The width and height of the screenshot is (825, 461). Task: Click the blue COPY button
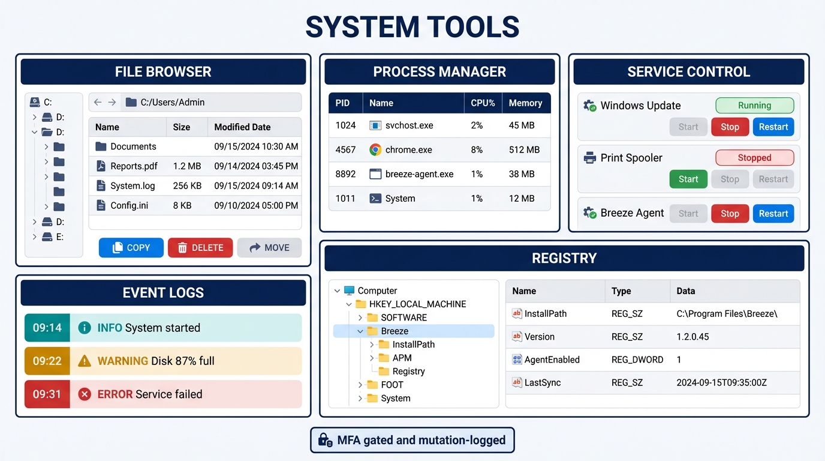(x=131, y=248)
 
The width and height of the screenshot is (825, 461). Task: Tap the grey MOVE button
(x=269, y=248)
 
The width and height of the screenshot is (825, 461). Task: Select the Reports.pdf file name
(x=134, y=166)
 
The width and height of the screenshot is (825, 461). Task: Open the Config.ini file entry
(x=129, y=205)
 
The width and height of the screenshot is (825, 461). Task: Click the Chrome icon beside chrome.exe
(x=375, y=150)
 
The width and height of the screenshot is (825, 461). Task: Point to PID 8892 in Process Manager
(x=345, y=174)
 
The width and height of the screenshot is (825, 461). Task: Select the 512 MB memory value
(x=524, y=150)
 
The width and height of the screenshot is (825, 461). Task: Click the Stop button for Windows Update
(x=730, y=127)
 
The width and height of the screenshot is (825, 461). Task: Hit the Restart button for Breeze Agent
(x=773, y=214)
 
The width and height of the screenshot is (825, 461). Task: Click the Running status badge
(x=754, y=106)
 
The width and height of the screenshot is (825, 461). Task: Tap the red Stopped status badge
(x=754, y=158)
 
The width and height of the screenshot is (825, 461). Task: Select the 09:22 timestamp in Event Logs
(x=47, y=361)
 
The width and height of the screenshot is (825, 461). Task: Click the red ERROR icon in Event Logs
(x=85, y=394)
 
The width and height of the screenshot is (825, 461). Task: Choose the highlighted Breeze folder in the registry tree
(x=394, y=331)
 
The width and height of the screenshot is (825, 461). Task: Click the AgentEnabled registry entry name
(x=552, y=360)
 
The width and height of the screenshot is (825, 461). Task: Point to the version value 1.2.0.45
(x=692, y=337)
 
